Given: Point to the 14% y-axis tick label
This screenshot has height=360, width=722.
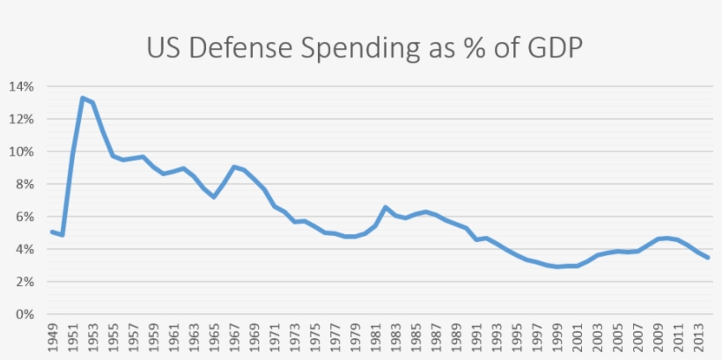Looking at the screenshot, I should pos(22,86).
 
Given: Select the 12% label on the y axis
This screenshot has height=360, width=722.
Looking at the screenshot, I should pos(22,119).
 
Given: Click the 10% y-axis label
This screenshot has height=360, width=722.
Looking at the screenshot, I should pos(22,151).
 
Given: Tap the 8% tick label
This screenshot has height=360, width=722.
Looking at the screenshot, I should pos(26,184).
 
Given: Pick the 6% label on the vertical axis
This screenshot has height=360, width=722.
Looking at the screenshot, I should pos(26,217).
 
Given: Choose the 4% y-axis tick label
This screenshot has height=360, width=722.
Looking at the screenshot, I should pos(26,249).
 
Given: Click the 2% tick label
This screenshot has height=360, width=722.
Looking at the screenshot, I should pos(26,282).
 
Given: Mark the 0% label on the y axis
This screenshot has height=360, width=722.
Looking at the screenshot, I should pos(26,314).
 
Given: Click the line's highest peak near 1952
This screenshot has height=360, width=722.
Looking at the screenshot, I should pos(82,98).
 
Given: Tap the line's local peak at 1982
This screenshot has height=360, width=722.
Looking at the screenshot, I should pos(386,207).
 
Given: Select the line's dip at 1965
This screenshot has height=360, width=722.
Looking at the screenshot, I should pos(214,196).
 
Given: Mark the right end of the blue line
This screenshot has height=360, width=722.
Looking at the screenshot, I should pos(709,258).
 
